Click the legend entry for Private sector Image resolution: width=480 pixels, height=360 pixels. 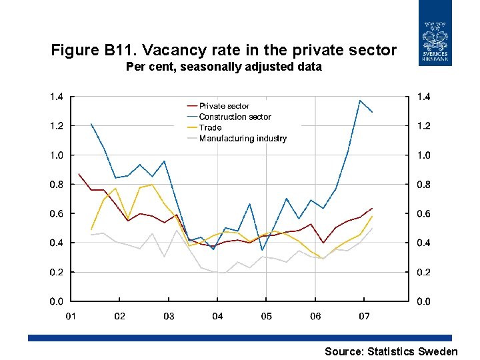224,106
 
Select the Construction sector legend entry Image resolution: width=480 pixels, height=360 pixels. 235,117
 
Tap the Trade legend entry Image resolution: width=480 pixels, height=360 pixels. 210,127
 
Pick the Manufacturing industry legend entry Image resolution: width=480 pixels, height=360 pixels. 243,139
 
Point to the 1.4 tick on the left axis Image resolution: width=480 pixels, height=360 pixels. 57,97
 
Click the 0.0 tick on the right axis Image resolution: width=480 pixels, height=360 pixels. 423,302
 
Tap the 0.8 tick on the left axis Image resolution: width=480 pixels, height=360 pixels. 57,185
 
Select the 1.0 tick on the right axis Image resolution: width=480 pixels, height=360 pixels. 423,155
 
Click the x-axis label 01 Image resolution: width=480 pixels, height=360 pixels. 71,316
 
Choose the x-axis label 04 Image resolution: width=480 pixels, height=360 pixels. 217,316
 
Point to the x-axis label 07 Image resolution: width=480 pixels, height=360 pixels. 364,316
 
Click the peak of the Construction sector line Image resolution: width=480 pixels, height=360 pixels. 360,101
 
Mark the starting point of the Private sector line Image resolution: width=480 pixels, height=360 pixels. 79,174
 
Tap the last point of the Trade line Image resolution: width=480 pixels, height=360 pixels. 372,217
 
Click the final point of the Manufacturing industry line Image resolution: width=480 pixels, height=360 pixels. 372,228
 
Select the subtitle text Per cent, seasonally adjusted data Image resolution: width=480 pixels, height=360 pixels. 223,67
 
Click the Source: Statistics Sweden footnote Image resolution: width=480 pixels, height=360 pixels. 391,351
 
